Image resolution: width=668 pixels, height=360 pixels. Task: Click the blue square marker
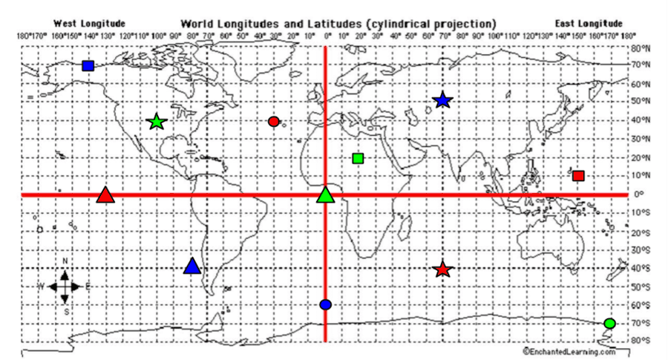[88, 66]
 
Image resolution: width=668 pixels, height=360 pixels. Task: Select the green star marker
[157, 122]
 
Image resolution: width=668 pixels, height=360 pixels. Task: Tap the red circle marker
[273, 122]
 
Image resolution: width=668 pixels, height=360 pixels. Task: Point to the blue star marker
[443, 100]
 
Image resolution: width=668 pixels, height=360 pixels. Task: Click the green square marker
[358, 158]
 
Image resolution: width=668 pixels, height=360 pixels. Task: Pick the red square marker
[578, 176]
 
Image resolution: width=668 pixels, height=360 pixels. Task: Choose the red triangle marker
[105, 196]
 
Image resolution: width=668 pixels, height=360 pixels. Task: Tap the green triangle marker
[325, 195]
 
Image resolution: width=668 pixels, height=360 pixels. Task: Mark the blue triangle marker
[192, 266]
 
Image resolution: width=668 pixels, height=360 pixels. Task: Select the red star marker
[443, 270]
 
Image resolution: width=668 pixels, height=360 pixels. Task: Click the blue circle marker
[325, 304]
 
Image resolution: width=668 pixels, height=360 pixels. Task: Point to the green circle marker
[609, 324]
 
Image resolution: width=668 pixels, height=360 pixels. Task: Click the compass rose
[65, 286]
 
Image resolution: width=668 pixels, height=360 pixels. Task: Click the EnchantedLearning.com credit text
[569, 351]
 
